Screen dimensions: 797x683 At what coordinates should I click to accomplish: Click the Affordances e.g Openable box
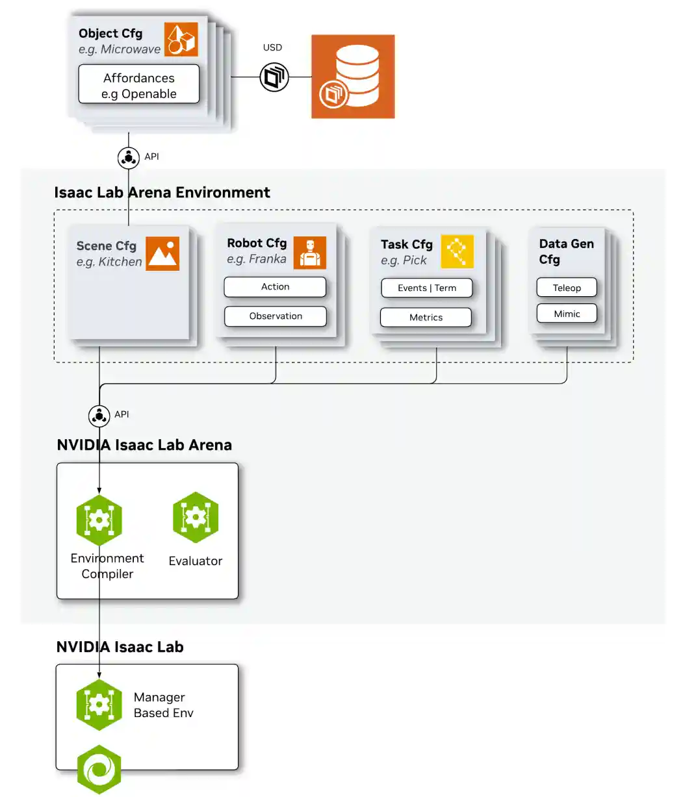coord(138,84)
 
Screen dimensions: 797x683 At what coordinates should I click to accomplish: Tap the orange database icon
coord(353,77)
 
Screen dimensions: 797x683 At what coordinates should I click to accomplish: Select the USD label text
coord(272,47)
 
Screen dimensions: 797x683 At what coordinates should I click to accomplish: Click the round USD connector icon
coord(274,77)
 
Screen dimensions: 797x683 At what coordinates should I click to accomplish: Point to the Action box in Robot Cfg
coord(275,287)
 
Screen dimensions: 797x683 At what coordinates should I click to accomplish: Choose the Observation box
coord(275,316)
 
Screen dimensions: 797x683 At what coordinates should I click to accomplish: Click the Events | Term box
coord(426,288)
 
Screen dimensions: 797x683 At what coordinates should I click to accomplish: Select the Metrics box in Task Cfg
coord(426,318)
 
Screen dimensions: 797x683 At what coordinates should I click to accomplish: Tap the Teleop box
coord(567,288)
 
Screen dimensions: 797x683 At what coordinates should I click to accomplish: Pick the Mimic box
coord(567,314)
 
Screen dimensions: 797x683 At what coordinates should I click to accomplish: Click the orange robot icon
coord(309,253)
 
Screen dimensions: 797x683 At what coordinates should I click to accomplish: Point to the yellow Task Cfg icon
coord(457,251)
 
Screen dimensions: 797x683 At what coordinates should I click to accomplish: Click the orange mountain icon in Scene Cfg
coord(162,253)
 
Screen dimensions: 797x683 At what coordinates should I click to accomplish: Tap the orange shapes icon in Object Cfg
coord(181,40)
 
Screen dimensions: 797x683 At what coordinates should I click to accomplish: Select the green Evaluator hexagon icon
coord(196,518)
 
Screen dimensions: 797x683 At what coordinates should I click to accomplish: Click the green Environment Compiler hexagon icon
coord(99,520)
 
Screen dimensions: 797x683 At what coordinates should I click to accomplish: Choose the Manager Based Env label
coord(163,705)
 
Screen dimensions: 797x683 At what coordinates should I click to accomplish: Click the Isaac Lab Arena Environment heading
coord(162,193)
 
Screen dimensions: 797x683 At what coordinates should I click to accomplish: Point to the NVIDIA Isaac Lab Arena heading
coord(144,445)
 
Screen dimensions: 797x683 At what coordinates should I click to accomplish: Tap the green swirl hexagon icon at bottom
coord(99,770)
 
